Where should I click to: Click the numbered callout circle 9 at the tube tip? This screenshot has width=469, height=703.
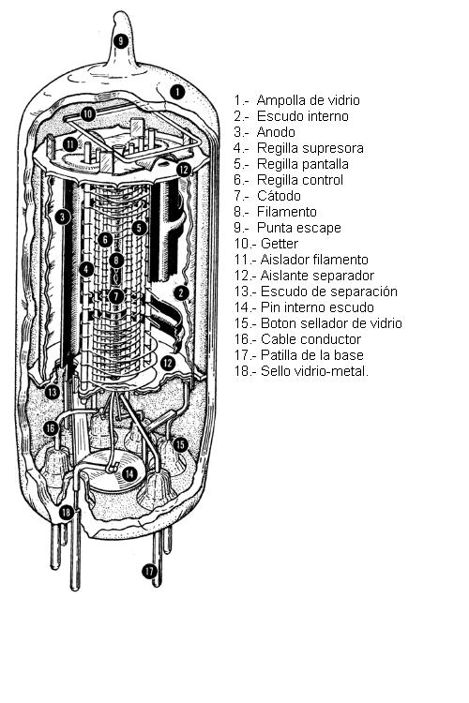click(x=120, y=41)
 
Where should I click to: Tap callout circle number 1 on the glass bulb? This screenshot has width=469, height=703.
click(x=177, y=92)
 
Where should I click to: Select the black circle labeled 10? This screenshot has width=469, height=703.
click(x=88, y=113)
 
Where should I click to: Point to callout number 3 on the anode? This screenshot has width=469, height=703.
click(x=63, y=217)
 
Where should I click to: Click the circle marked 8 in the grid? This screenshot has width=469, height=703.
click(x=116, y=260)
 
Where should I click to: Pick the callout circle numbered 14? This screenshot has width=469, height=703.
click(x=129, y=474)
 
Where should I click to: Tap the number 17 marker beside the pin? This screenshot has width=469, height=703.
click(x=149, y=571)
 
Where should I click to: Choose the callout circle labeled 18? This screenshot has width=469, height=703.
click(x=67, y=512)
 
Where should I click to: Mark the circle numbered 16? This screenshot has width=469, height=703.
click(x=51, y=428)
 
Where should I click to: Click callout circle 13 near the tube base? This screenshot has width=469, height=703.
click(x=53, y=393)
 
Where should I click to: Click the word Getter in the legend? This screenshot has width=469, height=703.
click(x=280, y=244)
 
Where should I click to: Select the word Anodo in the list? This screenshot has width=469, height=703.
click(x=276, y=132)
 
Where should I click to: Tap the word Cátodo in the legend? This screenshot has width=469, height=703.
click(x=279, y=196)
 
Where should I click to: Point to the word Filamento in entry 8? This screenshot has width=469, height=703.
click(x=287, y=212)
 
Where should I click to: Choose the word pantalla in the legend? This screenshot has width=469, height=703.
click(x=324, y=165)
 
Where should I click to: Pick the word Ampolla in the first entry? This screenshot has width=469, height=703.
click(x=281, y=101)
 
